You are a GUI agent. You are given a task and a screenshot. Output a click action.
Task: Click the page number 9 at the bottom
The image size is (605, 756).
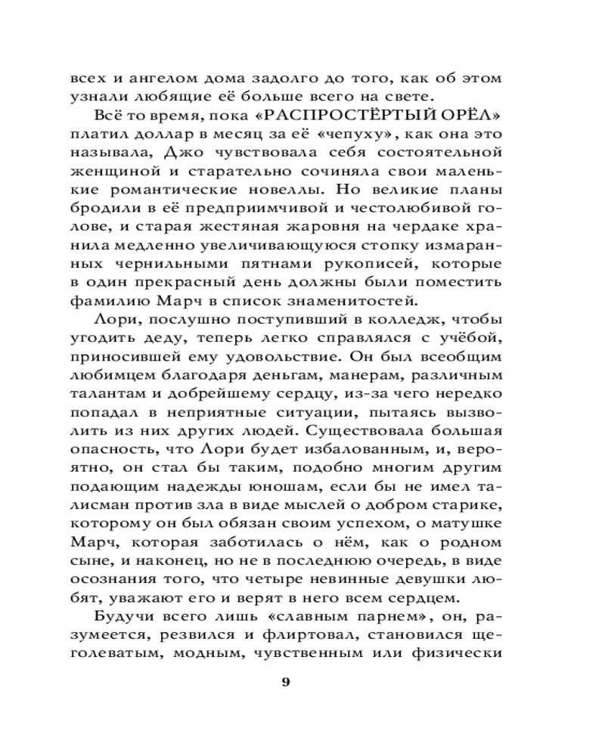click(x=285, y=682)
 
